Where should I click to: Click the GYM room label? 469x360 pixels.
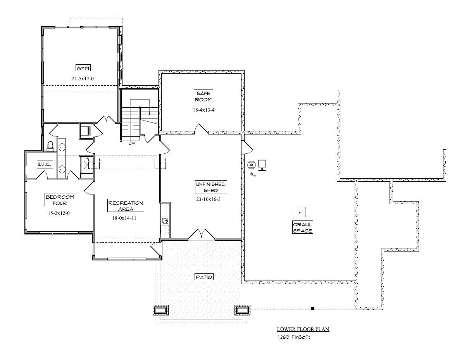click(83, 68)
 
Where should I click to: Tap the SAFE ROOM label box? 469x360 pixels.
click(203, 96)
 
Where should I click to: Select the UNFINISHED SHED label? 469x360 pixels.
click(211, 187)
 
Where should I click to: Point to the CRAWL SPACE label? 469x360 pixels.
click(302, 227)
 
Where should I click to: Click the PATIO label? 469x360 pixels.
click(204, 277)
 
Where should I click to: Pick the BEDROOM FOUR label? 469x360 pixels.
click(60, 200)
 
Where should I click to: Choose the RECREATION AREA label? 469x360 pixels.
click(126, 205)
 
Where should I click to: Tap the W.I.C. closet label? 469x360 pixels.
click(45, 165)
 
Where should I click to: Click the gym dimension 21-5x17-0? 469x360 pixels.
click(83, 79)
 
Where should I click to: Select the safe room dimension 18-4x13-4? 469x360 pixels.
click(203, 110)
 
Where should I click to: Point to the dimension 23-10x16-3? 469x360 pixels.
click(208, 199)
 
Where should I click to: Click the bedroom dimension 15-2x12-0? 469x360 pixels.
click(59, 213)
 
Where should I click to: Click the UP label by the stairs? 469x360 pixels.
click(132, 143)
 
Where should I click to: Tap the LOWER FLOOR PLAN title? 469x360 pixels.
click(303, 329)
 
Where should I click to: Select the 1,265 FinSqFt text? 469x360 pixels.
click(294, 337)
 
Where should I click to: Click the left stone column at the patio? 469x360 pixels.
click(160, 310)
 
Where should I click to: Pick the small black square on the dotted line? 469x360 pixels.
click(312, 308)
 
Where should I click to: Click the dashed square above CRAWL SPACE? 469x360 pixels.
click(299, 213)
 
